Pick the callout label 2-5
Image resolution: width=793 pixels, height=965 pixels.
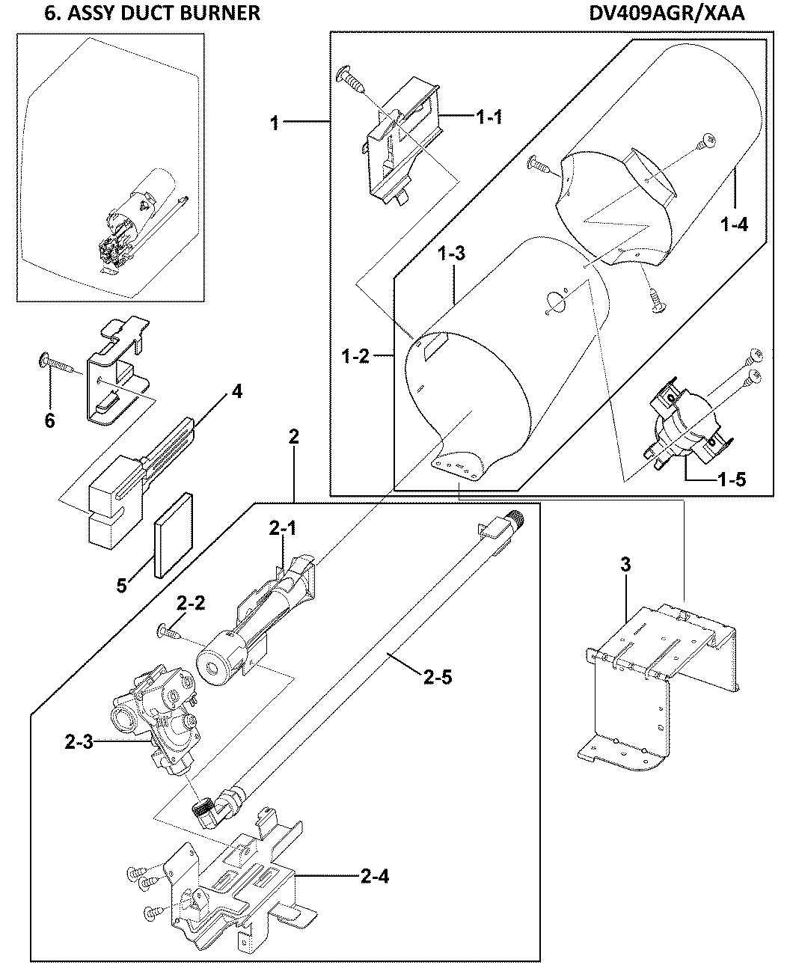437,678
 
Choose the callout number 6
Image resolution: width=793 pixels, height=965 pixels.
49,421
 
